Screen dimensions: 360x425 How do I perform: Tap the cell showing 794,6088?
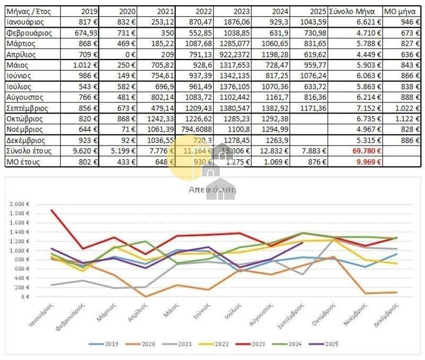click(x=195, y=130)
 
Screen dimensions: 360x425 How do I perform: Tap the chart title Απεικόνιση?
click(x=212, y=189)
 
